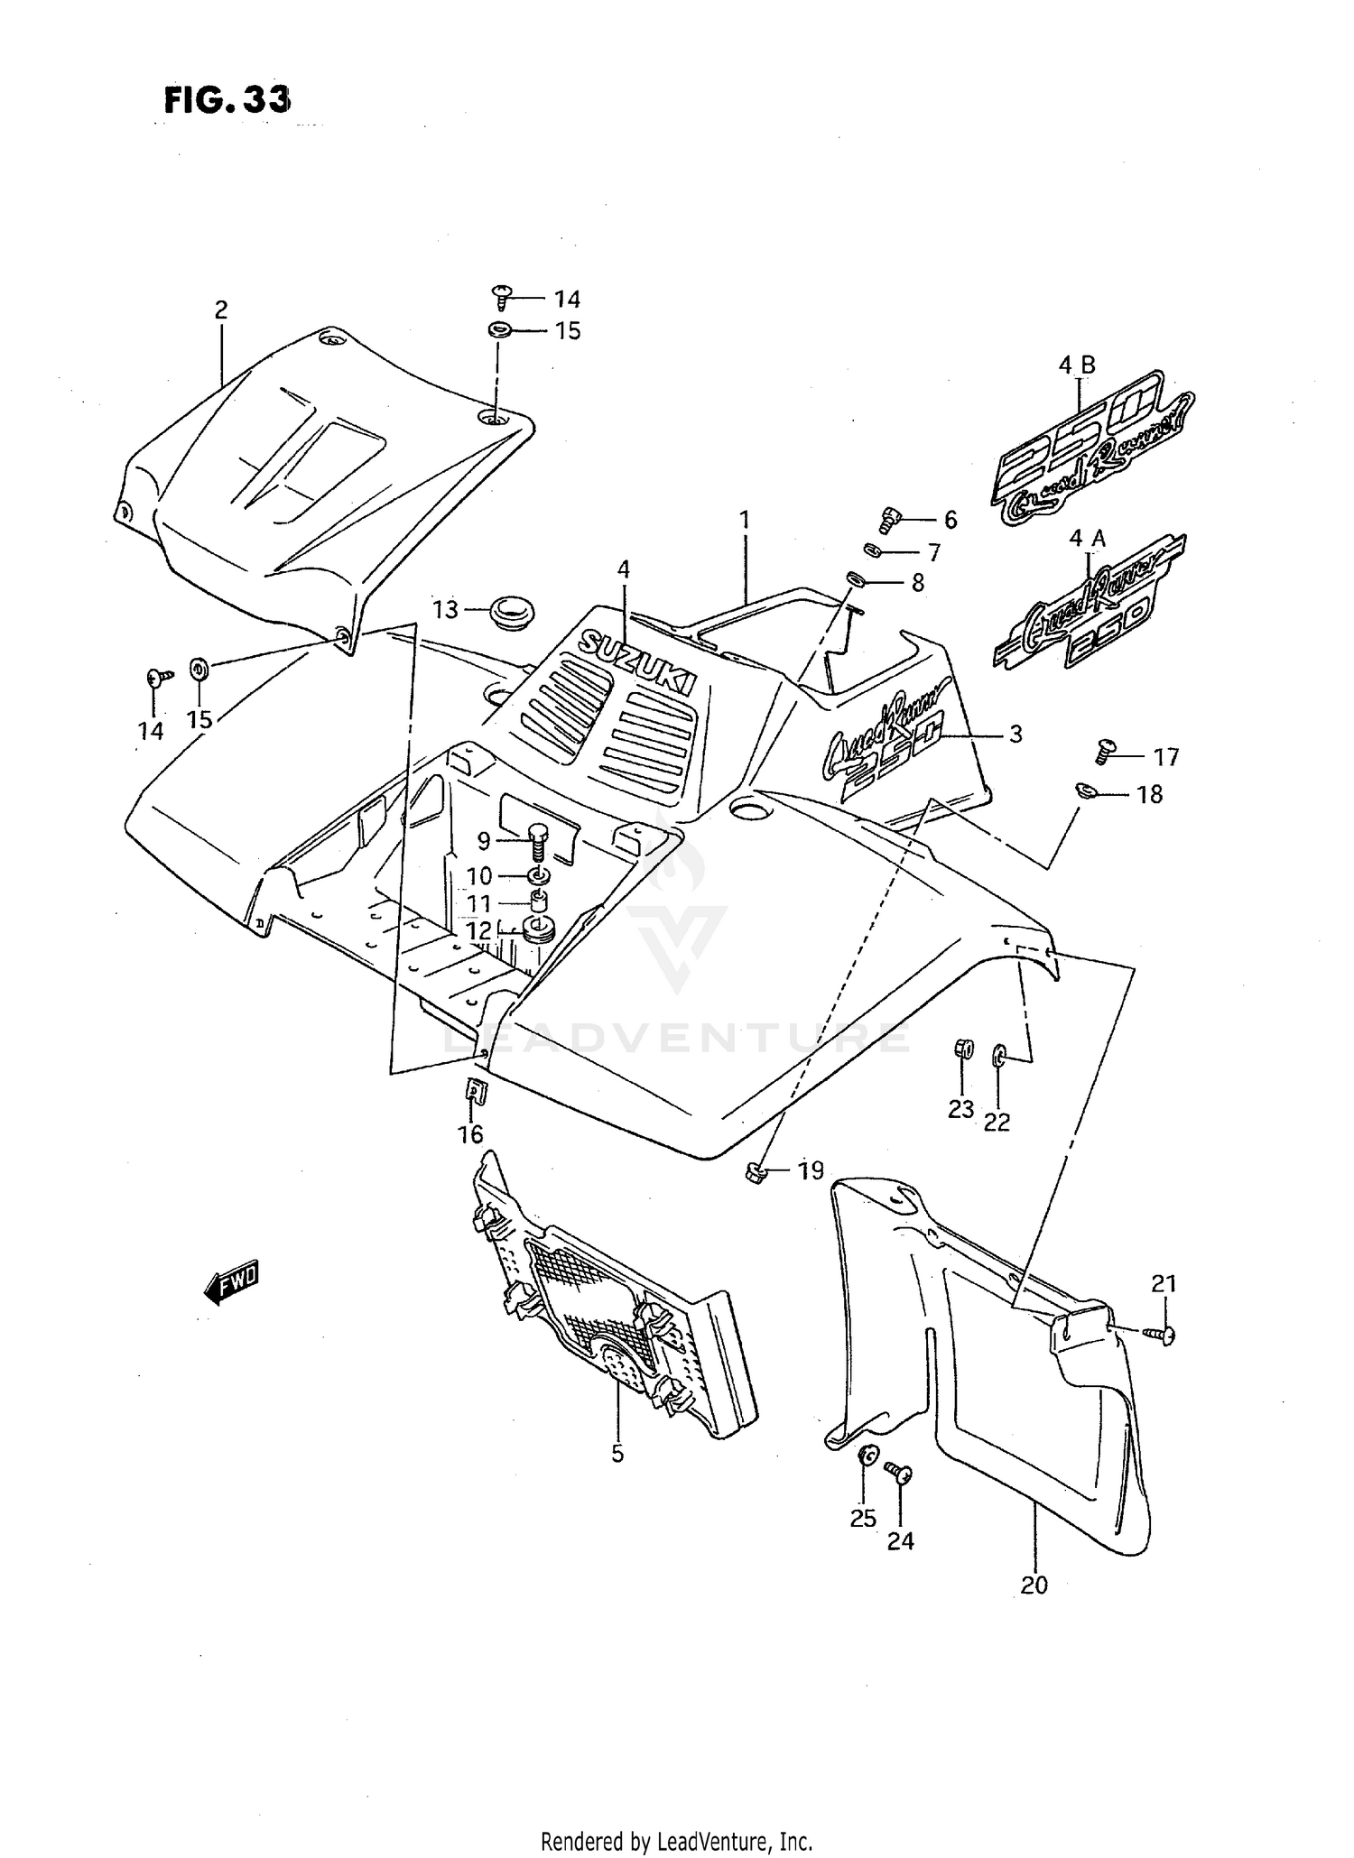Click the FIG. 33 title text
pos(227,99)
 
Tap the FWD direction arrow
pos(232,1281)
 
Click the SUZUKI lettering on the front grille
pos(639,660)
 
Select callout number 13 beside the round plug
pos(446,610)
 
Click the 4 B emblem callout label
pos(1076,365)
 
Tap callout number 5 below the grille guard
pos(617,1453)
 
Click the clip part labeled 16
pos(475,1093)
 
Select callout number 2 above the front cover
pos(221,310)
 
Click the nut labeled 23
pos(962,1049)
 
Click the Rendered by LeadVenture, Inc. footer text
pos(677,1841)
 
